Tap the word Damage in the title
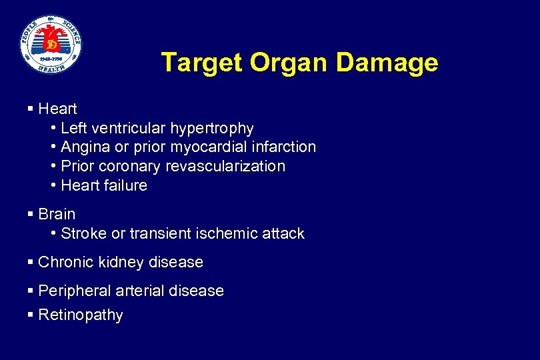pos(387,63)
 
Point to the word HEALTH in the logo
pos(51,66)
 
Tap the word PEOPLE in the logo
pos(31,29)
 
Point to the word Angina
pos(83,147)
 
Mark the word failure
pos(127,185)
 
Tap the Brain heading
pos(57,214)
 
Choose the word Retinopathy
pos(81,315)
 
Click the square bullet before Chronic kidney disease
pos(31,262)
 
